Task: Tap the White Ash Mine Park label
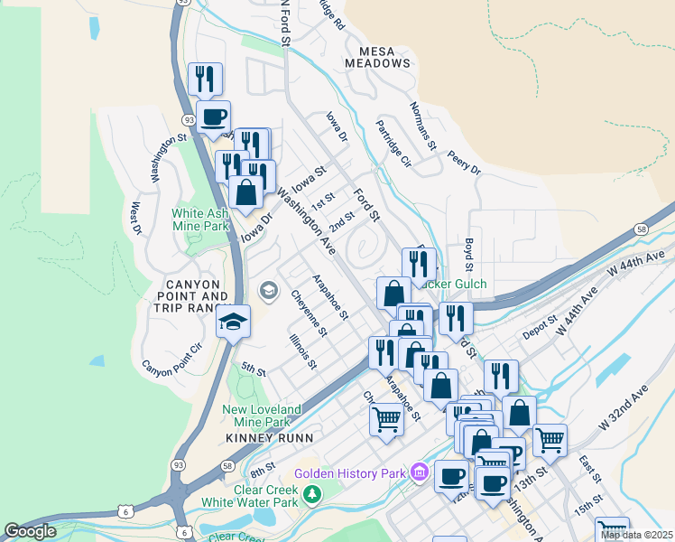coord(201,220)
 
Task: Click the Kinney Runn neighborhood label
coord(269,437)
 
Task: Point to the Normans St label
coord(423,126)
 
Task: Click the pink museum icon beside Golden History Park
coord(419,472)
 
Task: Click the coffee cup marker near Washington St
coord(213,117)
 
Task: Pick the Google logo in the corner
coord(29,531)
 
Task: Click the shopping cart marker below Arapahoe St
coord(386,418)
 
